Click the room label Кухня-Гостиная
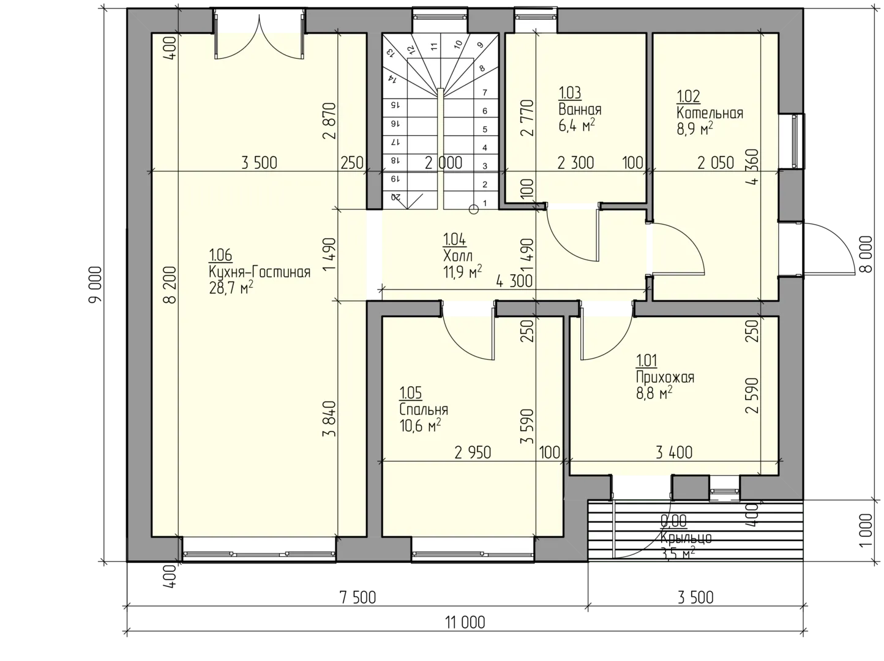tap(260, 272)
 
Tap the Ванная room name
tap(580, 110)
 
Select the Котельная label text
tap(710, 113)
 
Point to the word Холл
tap(458, 256)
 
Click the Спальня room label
tap(424, 409)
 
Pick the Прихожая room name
tap(665, 378)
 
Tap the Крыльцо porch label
tap(686, 538)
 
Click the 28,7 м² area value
tap(231, 288)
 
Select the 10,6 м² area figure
tap(420, 425)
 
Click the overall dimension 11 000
tap(465, 623)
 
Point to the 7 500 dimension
tap(358, 597)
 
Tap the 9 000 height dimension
tap(96, 284)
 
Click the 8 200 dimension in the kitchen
tap(171, 285)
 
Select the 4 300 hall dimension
tap(514, 282)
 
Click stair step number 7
tap(485, 92)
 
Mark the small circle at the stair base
tap(474, 209)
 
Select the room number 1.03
tap(570, 92)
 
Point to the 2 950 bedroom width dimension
tap(473, 453)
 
